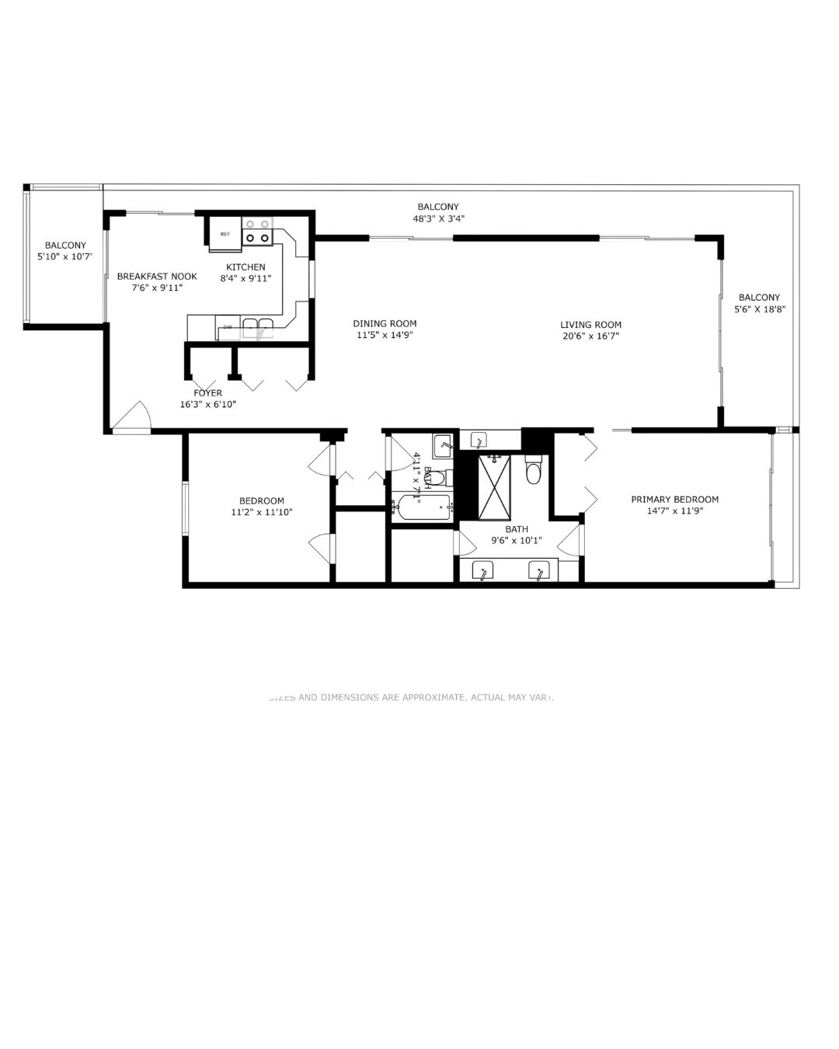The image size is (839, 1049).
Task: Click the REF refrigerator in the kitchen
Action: click(x=225, y=235)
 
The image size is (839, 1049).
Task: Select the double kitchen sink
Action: click(x=258, y=326)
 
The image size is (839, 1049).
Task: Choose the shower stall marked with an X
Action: click(x=494, y=487)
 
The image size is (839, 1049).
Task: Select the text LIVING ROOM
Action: click(x=591, y=325)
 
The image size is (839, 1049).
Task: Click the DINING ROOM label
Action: click(x=385, y=323)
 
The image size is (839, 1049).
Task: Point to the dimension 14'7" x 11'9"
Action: click(x=674, y=511)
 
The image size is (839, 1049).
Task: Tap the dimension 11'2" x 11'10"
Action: click(x=262, y=513)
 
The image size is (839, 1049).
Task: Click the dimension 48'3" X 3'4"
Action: click(x=438, y=219)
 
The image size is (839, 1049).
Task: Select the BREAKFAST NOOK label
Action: click(x=157, y=276)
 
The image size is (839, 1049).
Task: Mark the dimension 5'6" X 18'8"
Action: click(x=759, y=309)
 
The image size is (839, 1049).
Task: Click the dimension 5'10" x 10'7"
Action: click(x=65, y=256)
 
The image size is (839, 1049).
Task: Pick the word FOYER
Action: click(x=208, y=393)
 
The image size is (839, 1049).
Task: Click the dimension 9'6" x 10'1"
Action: click(x=517, y=541)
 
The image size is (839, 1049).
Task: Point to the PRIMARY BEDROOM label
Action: click(x=674, y=500)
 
